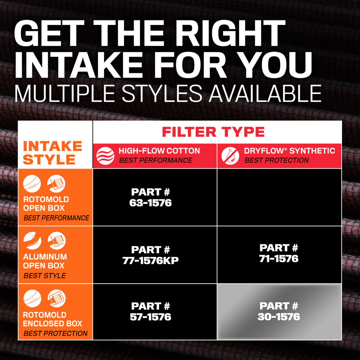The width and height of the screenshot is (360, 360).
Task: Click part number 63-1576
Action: tap(150, 197)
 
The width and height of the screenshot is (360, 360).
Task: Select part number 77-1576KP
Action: tap(150, 255)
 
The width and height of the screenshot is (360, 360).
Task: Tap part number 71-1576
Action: tap(279, 253)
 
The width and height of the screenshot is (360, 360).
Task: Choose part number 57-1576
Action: tap(150, 312)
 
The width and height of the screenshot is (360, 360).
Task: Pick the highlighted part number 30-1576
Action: tap(279, 311)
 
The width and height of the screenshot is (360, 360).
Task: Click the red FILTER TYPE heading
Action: tap(213, 132)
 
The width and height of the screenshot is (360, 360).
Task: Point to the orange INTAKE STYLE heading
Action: tap(53, 153)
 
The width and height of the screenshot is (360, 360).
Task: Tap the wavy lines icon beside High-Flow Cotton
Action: tap(105, 156)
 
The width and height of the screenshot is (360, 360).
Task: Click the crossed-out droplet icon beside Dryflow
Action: tap(230, 156)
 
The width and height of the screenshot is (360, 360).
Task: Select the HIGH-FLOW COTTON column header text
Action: tap(159, 151)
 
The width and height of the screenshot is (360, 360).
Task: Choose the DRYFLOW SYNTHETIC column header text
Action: tap(290, 151)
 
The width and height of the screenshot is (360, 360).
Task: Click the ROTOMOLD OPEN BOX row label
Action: tap(46, 204)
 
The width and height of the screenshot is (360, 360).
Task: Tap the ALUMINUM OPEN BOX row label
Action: tap(45, 261)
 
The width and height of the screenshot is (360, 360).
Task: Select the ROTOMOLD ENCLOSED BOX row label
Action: tap(53, 319)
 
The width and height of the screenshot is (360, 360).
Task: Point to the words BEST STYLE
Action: tap(45, 276)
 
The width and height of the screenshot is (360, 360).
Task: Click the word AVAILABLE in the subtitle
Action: tap(265, 93)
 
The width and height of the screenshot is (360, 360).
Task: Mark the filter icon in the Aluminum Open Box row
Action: tap(56, 241)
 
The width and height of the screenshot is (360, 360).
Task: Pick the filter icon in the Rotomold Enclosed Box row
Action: tap(56, 298)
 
